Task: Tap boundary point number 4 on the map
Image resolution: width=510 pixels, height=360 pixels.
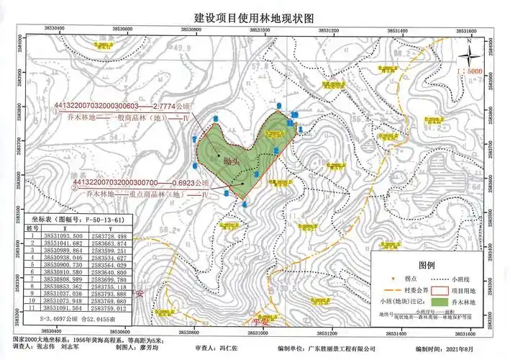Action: (245, 204)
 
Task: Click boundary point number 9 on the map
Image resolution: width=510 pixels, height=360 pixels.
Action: (279, 107)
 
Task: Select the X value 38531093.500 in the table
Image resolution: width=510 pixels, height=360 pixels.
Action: (63, 236)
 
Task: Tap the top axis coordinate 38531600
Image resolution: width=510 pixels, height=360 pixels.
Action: (468, 30)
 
